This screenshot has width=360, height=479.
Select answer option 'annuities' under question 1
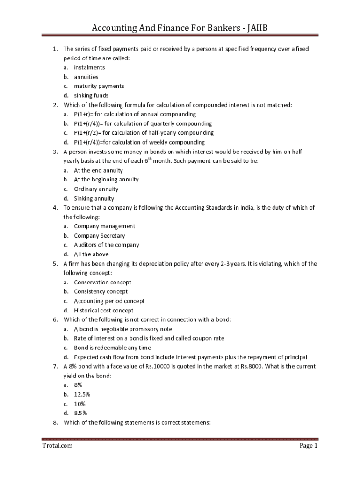86,77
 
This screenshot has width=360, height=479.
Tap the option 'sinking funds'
91,95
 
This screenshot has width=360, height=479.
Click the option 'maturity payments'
99,86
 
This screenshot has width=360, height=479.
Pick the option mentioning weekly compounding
139,142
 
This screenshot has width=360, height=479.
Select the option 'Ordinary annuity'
96,189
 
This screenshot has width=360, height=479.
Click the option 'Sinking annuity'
94,198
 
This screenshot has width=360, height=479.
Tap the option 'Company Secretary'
99,236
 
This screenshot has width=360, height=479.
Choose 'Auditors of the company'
106,245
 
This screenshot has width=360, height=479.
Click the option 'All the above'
91,254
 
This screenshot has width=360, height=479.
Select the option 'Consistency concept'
101,291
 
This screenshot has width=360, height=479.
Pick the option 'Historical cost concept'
103,310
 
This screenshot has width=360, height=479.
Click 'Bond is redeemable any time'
112,348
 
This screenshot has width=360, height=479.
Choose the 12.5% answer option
81,394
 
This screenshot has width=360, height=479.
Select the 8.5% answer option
80,413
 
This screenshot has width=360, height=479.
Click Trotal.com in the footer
57,446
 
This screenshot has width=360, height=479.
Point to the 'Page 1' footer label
309,446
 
